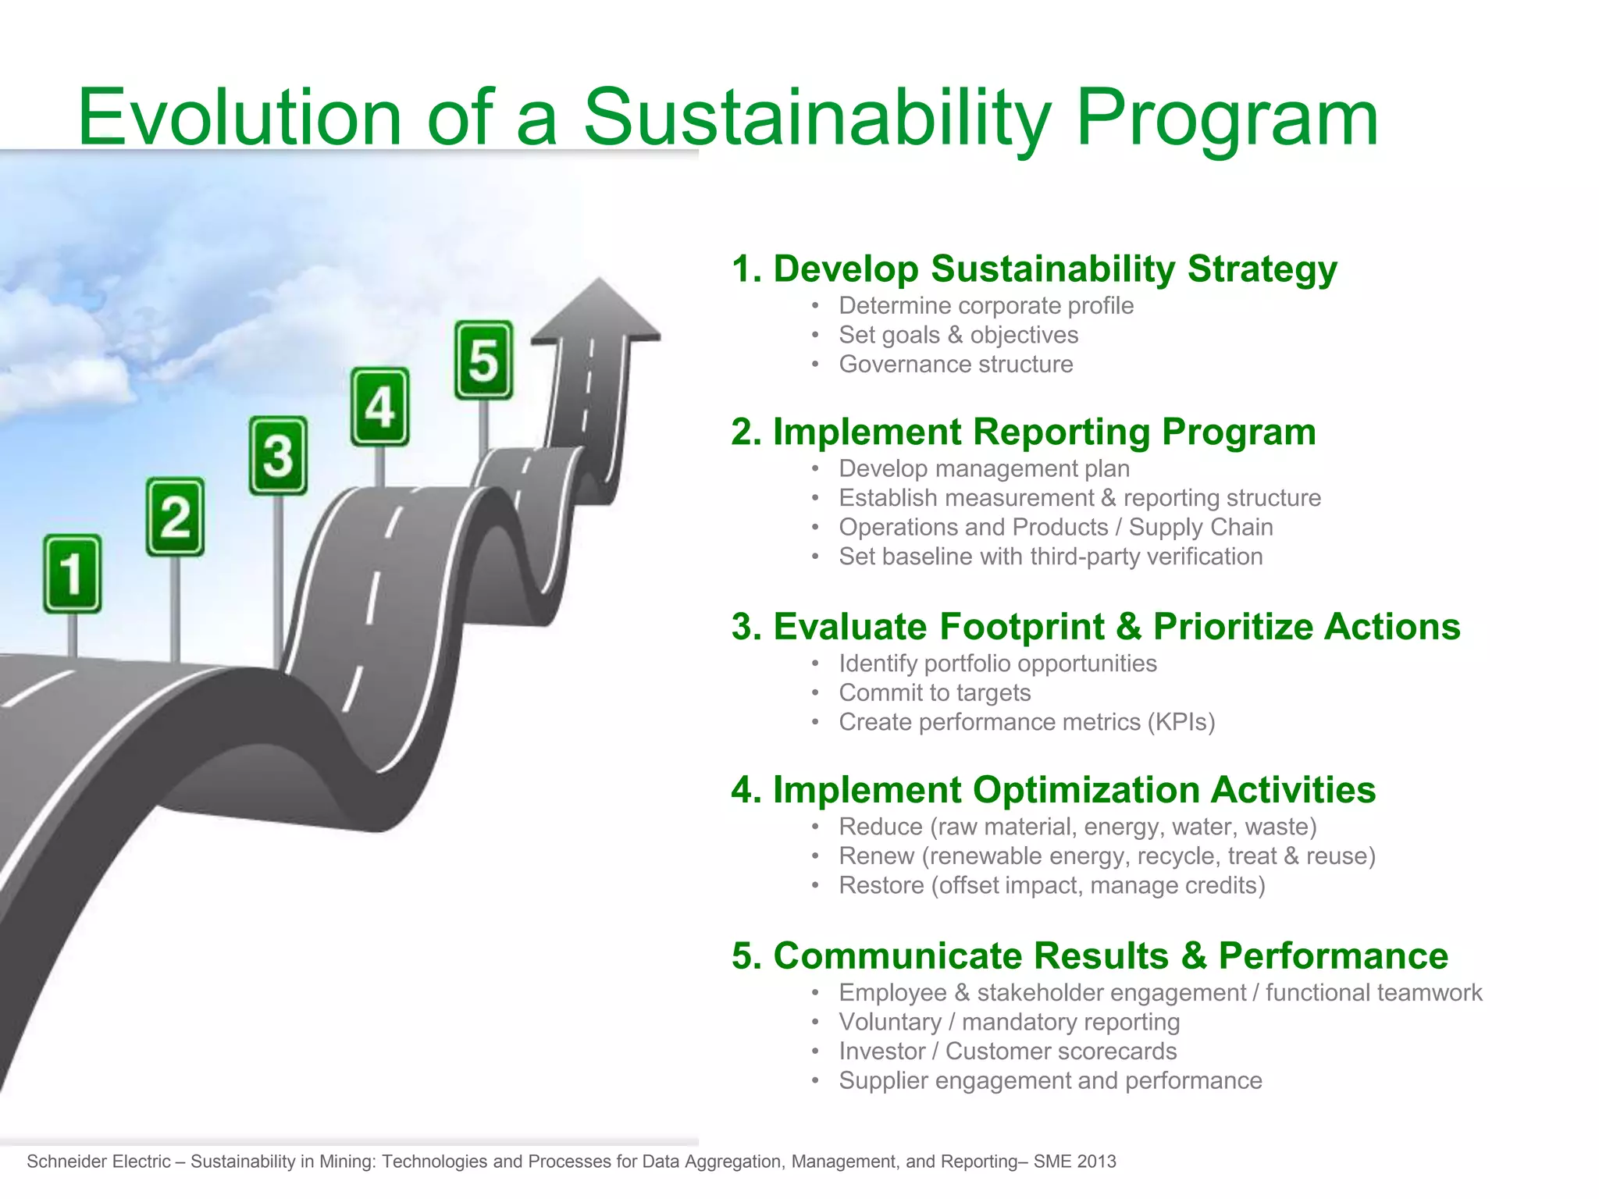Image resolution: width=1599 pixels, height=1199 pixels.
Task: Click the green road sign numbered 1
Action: (72, 573)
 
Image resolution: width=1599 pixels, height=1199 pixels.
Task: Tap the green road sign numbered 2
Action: (175, 517)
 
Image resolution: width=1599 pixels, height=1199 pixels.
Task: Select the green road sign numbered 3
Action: (278, 455)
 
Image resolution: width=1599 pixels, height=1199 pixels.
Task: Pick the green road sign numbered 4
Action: (379, 407)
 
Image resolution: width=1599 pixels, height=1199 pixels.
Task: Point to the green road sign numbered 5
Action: (483, 360)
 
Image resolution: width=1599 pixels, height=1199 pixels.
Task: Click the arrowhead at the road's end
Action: (597, 312)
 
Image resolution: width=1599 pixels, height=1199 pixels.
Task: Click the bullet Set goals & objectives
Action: (958, 335)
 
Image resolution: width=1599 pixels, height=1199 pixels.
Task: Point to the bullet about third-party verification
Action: (1050, 557)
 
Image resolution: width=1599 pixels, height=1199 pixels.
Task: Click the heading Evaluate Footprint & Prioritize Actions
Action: (1095, 626)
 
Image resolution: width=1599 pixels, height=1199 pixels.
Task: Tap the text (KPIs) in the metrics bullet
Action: (1181, 722)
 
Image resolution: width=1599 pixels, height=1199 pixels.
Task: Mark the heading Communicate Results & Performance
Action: (1090, 955)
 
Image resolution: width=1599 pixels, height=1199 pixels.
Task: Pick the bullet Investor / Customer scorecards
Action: (1007, 1051)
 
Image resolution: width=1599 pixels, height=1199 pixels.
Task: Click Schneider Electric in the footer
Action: (98, 1162)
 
